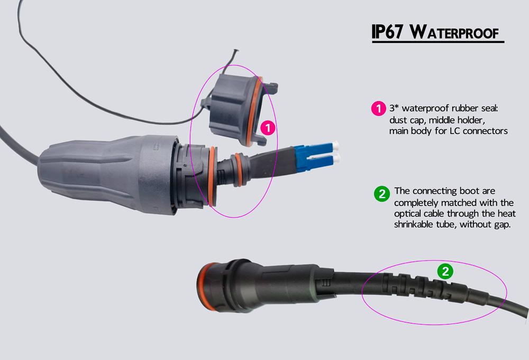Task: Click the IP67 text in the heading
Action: click(x=388, y=32)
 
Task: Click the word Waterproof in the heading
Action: click(x=454, y=32)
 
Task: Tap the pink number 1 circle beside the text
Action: click(x=378, y=109)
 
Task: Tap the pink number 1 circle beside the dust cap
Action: click(x=268, y=128)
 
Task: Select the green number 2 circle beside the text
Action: click(x=382, y=194)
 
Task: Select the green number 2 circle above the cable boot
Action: click(x=445, y=271)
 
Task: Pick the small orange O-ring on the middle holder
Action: click(x=238, y=170)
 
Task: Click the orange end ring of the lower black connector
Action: click(x=204, y=287)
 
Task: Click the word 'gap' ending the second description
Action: click(x=501, y=225)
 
